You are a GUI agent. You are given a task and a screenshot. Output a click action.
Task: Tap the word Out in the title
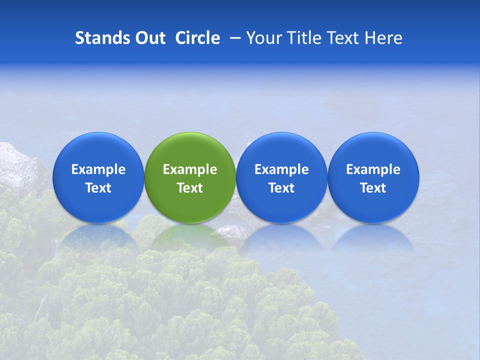click(149, 38)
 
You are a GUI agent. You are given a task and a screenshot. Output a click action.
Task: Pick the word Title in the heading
click(304, 38)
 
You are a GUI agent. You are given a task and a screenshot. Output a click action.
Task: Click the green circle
click(189, 177)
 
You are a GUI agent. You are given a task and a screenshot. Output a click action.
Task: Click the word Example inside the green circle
click(190, 169)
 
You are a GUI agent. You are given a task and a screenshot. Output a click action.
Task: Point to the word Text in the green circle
click(190, 188)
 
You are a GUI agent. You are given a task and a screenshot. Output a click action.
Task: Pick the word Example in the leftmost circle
click(98, 169)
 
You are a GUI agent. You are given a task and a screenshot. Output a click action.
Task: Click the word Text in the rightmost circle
click(373, 188)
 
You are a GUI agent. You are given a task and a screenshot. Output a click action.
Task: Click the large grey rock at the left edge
click(20, 167)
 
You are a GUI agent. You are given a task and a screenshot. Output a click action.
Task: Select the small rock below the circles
click(231, 232)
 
